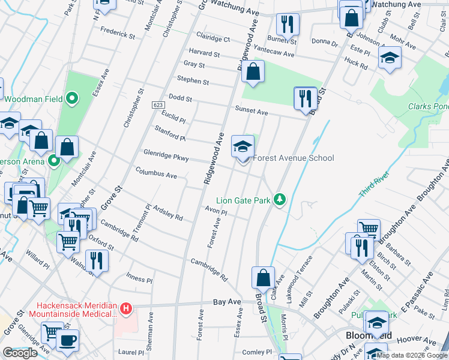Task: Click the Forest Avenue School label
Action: (293, 158)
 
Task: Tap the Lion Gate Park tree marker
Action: (279, 199)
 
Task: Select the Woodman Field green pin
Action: (72, 98)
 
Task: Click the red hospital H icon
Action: (125, 309)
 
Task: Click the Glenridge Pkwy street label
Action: (166, 158)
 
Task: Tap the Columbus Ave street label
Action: (155, 175)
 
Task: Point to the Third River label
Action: (375, 184)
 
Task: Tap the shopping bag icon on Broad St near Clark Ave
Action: (263, 278)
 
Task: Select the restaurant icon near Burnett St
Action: (288, 24)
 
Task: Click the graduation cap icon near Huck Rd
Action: (390, 58)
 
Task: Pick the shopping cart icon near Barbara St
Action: (369, 229)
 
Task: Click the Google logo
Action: (20, 353)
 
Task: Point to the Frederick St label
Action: (118, 35)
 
